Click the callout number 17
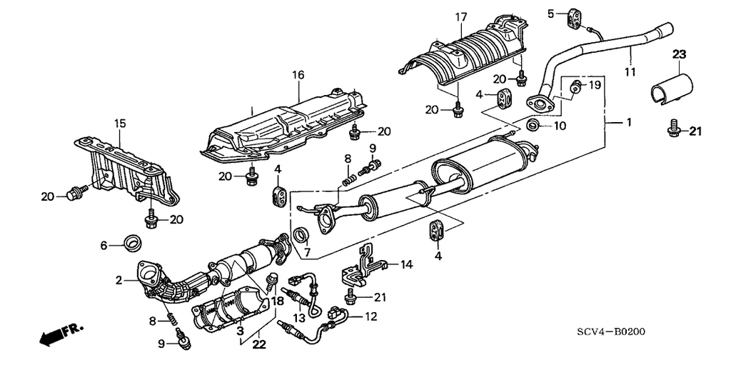coord(460,16)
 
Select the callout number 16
coord(298,74)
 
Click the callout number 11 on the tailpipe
coord(629,71)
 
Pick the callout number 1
coord(629,123)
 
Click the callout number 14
coord(406,265)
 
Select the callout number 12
coord(370,316)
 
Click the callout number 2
coord(119,281)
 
